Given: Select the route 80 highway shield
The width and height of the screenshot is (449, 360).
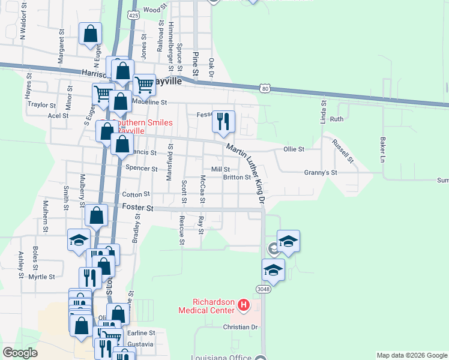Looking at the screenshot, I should pos(265,88).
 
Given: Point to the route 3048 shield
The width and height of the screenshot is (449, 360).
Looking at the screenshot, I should pos(263,289).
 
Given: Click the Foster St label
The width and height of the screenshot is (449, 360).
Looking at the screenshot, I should pos(134,207).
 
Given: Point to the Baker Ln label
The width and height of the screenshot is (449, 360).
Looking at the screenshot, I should pos(382,149).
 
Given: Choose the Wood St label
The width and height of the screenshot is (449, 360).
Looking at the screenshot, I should pos(152,10).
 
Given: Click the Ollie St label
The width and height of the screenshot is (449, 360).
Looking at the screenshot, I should pos(294,149).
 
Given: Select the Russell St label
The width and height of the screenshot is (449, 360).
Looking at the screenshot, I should pos(343,151).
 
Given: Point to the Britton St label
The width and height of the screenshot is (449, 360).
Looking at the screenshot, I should pos(237,178).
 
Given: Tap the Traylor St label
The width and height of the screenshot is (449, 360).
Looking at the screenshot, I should pos(41,104).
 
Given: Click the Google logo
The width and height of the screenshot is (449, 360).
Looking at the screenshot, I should pos(20,353).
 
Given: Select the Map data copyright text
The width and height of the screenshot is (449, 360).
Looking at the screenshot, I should pos(411,355).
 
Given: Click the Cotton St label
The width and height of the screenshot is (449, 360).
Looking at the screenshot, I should pos(135,194).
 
